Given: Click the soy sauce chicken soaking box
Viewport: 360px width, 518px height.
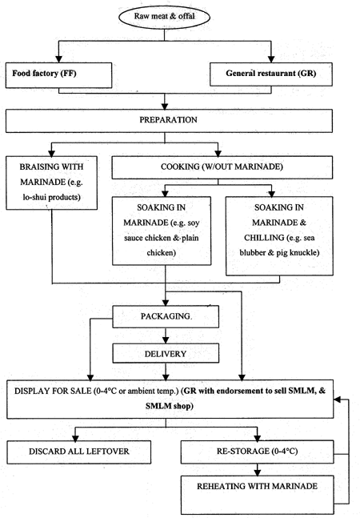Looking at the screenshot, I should coord(165,232).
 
